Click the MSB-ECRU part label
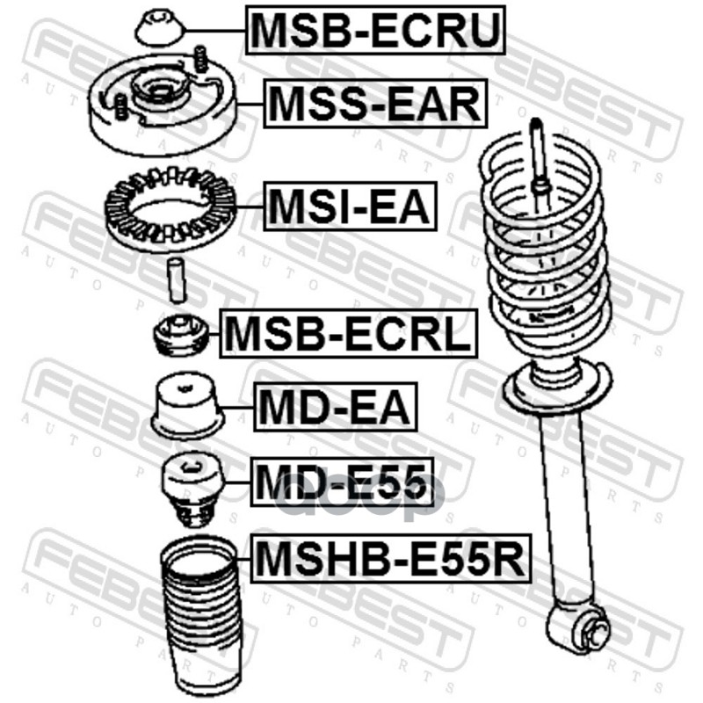coord(375,30)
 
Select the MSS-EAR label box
coord(375,104)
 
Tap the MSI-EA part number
coord(350,207)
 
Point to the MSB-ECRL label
coord(348,334)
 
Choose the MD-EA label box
coord(336,407)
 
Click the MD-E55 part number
coord(342,482)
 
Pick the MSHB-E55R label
coord(390,558)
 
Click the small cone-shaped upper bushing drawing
coord(160,29)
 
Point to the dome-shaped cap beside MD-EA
coord(187,405)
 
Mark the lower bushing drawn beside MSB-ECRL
coord(181,335)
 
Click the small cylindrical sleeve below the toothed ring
coord(177,280)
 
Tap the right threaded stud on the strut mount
coord(201,59)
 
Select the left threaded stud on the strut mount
coord(120,106)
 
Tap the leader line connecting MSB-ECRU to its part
coord(215,31)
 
